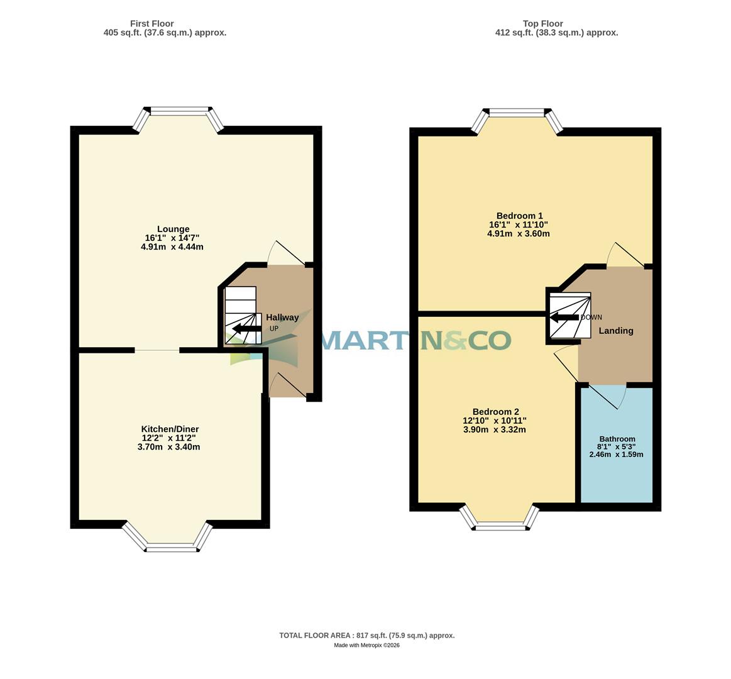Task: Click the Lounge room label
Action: pos(173,229)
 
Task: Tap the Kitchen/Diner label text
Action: pos(170,429)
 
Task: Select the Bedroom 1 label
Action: pos(519,215)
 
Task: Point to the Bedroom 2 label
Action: pos(495,412)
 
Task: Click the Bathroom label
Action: pos(617,439)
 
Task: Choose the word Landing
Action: pos(615,331)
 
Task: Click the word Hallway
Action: pos(282,317)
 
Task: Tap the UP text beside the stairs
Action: pos(273,328)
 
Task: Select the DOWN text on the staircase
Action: pos(591,317)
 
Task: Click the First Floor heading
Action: pos(151,24)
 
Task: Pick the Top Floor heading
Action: pos(542,24)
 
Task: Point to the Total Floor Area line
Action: pos(366,636)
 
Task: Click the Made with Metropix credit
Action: pos(366,645)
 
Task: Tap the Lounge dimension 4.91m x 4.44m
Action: pos(172,247)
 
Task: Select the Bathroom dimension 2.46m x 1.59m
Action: pos(616,455)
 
